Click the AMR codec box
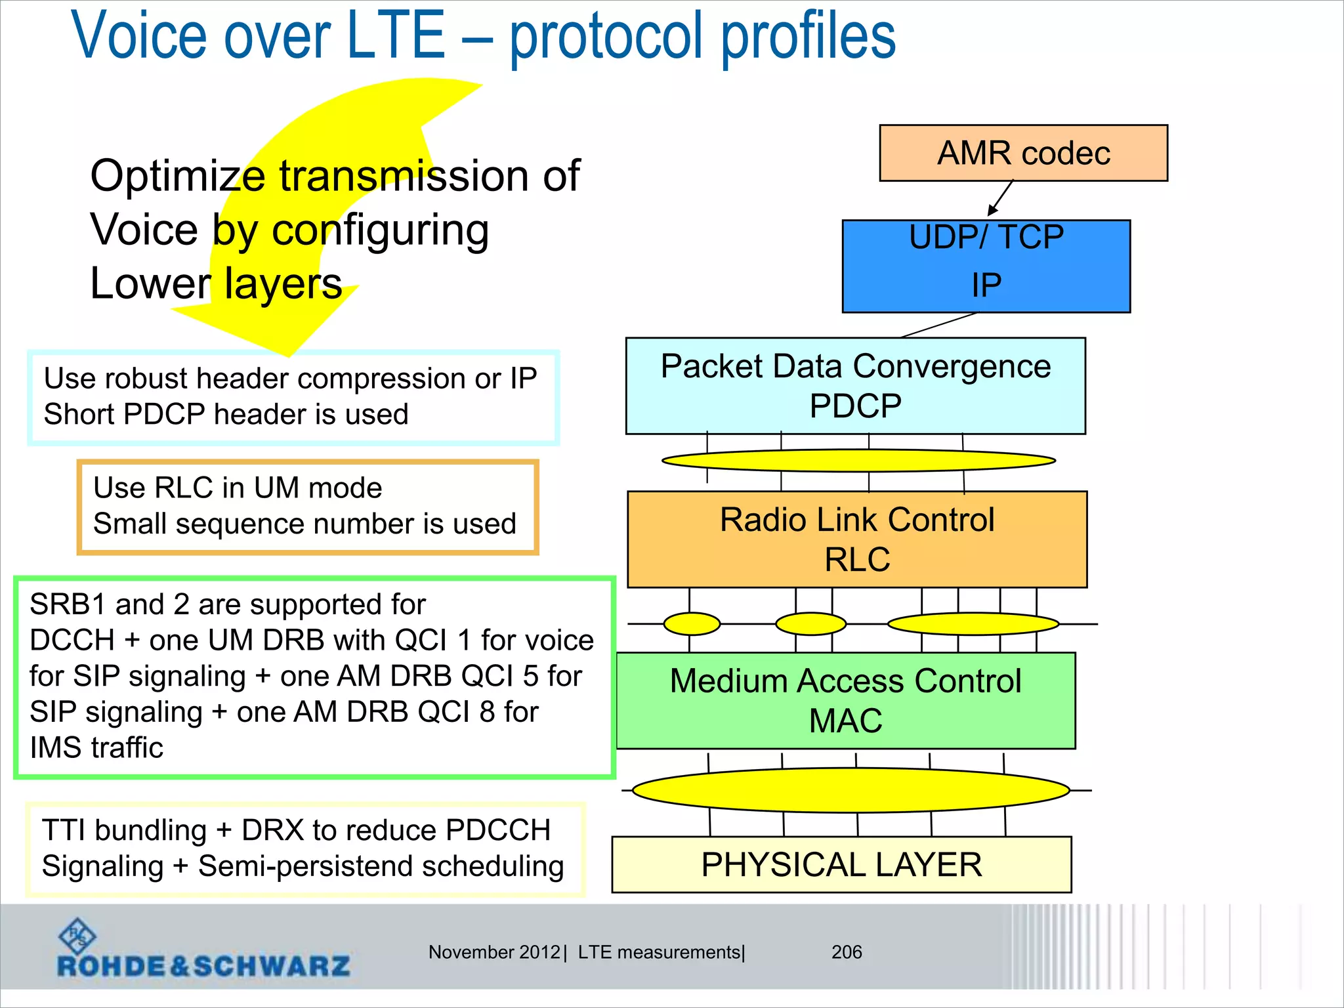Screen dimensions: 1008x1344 1023,153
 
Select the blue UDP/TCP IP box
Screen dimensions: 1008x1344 986,266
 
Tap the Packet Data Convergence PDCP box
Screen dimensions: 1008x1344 855,386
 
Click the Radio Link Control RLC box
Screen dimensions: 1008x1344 857,539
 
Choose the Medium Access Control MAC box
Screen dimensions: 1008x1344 845,700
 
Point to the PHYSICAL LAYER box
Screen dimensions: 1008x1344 841,864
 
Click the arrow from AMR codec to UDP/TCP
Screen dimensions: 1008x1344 1000,198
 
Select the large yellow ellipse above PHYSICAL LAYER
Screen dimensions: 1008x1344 850,790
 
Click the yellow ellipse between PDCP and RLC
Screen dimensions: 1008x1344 858,461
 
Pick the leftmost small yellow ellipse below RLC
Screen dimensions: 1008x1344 692,623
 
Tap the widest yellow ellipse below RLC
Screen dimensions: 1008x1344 973,623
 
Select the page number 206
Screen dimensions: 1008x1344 847,952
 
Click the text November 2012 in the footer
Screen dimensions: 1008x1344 494,952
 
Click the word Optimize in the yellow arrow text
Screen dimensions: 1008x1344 177,176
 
